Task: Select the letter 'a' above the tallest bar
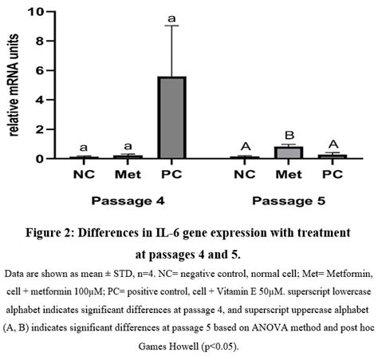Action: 172,16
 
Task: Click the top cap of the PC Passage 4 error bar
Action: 172,26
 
